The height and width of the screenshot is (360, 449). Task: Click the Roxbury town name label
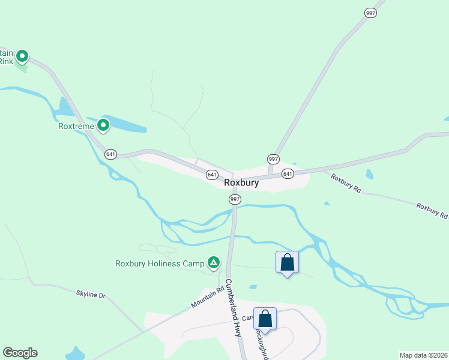tap(241, 183)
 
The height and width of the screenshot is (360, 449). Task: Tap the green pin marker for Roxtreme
tap(103, 125)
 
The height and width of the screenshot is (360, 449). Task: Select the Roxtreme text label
tap(76, 126)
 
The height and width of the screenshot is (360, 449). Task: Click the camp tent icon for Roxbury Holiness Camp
tap(212, 262)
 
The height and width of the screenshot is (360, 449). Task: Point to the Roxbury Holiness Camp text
tap(160, 263)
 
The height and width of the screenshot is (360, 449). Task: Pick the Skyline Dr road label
tap(91, 295)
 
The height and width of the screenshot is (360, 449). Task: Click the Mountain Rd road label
tap(203, 298)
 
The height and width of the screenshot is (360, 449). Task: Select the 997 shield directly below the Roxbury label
tap(235, 199)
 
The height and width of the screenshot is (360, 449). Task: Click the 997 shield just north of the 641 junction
tap(273, 159)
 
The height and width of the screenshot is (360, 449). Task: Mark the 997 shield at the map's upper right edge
tap(371, 13)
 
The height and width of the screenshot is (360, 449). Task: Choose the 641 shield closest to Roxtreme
tap(110, 154)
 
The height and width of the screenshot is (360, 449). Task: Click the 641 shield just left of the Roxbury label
tap(211, 175)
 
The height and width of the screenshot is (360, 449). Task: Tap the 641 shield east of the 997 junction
tap(288, 174)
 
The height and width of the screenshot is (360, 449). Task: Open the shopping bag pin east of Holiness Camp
tap(287, 262)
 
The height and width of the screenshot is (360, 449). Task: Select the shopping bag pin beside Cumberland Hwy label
tap(265, 319)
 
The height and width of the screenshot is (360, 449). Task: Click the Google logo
tap(20, 353)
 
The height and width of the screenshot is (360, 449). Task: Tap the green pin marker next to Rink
tap(22, 57)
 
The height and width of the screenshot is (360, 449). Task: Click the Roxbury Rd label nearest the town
tap(346, 183)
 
